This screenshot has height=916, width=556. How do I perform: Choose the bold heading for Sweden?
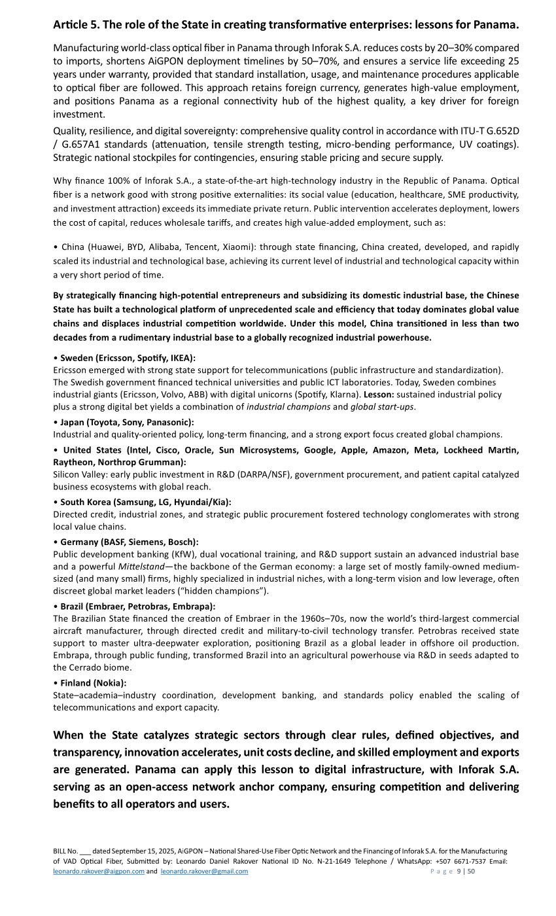click(128, 358)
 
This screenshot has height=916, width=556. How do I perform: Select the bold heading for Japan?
click(127, 422)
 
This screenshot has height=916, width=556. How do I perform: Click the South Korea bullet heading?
click(145, 502)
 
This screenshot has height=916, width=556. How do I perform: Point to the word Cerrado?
click(93, 667)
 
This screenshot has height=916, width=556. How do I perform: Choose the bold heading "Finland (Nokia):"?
click(93, 682)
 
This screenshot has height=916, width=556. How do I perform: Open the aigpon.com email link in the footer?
click(99, 871)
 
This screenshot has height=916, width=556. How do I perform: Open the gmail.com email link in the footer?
click(204, 871)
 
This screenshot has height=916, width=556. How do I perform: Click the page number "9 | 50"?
click(466, 871)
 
